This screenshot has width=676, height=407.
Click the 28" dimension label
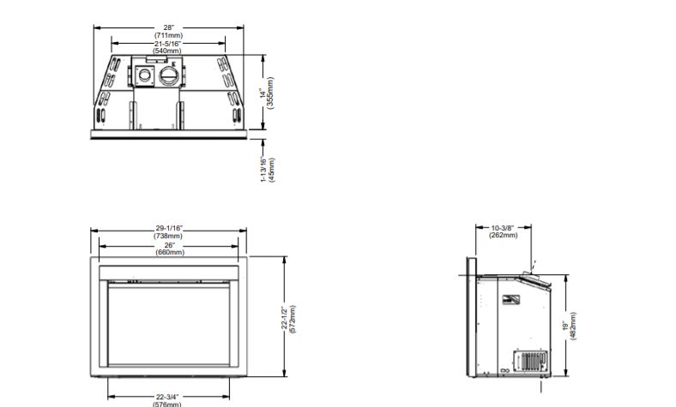tap(168, 27)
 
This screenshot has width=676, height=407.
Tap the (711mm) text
tap(168, 35)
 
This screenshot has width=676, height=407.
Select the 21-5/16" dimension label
tap(167, 44)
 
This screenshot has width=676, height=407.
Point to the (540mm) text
tap(167, 51)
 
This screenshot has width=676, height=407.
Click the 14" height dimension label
tap(263, 93)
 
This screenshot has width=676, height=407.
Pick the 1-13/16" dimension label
tap(263, 170)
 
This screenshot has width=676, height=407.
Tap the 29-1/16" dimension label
tap(169, 228)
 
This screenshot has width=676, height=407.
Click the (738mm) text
tap(168, 236)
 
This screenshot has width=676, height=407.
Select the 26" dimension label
tap(170, 245)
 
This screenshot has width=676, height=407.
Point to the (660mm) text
tap(170, 253)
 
